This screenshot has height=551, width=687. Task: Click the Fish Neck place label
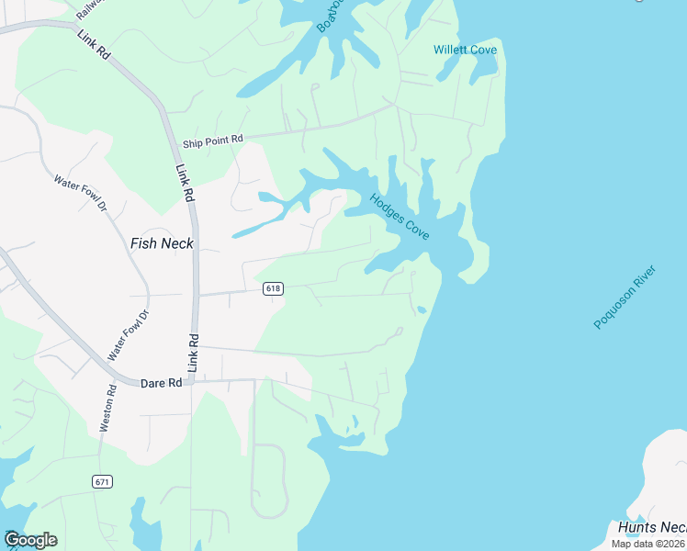162,243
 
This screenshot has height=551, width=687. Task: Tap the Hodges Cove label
400,217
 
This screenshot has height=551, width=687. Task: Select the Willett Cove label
465,50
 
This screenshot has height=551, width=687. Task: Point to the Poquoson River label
626,292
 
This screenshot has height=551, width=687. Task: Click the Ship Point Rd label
212,141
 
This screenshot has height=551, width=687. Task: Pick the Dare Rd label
162,383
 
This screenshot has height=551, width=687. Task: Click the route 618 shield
273,289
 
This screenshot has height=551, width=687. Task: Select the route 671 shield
102,481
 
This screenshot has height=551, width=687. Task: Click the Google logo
30,540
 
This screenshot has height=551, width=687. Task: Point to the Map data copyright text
648,544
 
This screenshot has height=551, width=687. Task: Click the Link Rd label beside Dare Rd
193,352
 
